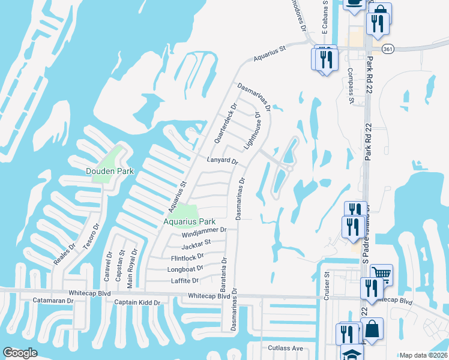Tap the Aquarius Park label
[x=189, y=221]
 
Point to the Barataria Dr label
[x=224, y=274]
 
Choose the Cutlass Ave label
[x=285, y=348]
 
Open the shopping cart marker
[x=381, y=274]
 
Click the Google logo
[x=20, y=353]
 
